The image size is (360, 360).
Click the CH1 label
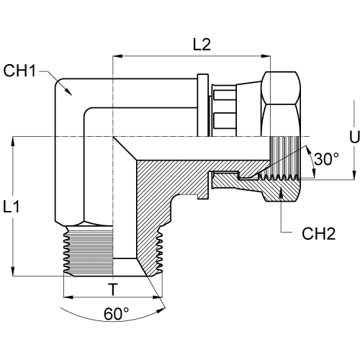(19, 71)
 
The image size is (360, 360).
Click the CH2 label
(318, 233)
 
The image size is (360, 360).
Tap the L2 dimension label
(202, 45)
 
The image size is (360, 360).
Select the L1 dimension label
(12, 207)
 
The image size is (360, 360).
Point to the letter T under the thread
(113, 289)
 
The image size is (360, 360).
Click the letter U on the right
(354, 137)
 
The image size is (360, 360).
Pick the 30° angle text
(326, 158)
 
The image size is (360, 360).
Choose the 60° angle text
(117, 313)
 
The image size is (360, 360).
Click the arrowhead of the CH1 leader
(68, 91)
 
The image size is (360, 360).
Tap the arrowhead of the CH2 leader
(281, 192)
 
